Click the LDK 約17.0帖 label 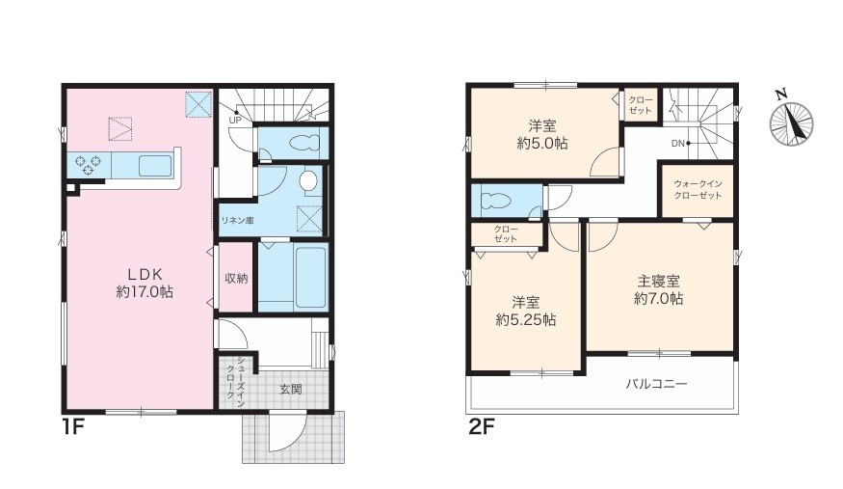[x=145, y=283]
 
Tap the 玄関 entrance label [x=290, y=389]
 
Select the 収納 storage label [x=236, y=278]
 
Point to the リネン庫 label [x=237, y=220]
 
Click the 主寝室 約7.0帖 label [x=659, y=289]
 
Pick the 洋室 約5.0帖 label [x=541, y=134]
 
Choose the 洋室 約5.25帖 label [x=525, y=311]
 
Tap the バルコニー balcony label [x=656, y=384]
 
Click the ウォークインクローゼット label [x=698, y=189]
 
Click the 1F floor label [x=73, y=426]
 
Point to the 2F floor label [x=481, y=426]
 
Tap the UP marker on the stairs [x=235, y=120]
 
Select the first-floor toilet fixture [x=304, y=143]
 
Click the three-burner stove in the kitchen [x=89, y=164]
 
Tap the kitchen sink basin [x=155, y=165]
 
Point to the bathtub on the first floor [x=310, y=277]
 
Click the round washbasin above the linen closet [x=308, y=180]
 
